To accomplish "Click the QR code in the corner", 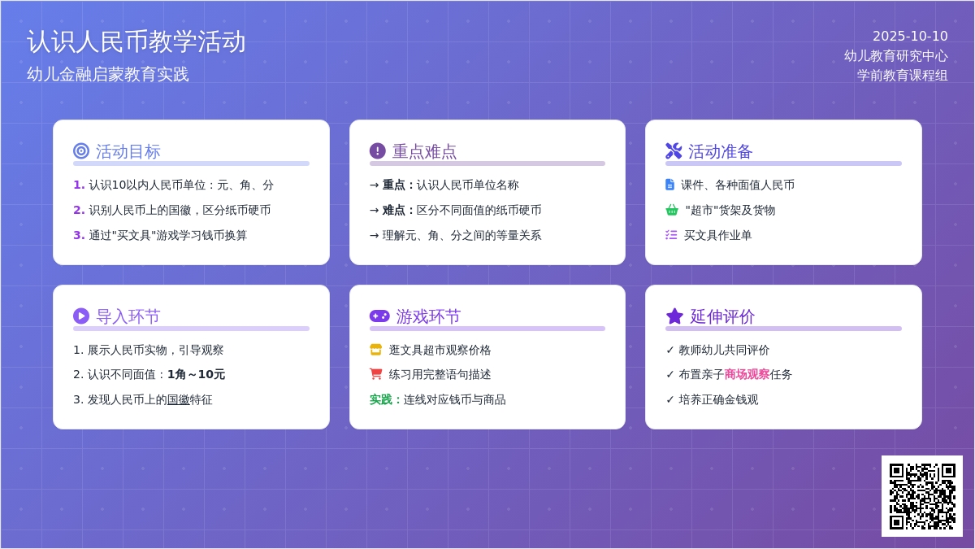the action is point(922,496).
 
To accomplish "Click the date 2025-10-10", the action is point(910,36).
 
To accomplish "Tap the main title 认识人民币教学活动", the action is point(136,42).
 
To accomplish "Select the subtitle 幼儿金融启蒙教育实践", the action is point(108,75).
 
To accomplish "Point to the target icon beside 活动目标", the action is point(81,151).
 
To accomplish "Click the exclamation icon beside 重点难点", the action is point(377,151).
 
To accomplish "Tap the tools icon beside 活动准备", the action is point(674,151).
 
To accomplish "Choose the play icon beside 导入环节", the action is point(81,316).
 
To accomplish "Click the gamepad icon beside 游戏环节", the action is point(379,316).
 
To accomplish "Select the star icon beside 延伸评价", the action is point(674,316).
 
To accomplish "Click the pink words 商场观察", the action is point(747,374).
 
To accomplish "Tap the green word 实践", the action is point(381,399).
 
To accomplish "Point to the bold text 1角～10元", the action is point(197,374).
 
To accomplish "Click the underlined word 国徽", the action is point(179,399).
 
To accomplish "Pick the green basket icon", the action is point(672,210).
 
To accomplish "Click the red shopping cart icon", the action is point(375,374).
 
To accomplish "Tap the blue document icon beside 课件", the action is point(669,185).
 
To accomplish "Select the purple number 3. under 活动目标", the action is point(79,235).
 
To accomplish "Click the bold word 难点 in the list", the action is point(393,210).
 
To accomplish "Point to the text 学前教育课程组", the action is point(903,76).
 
